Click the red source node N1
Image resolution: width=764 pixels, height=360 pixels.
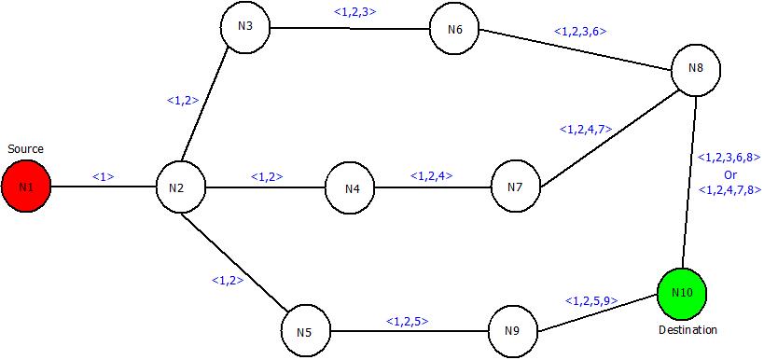coord(26,187)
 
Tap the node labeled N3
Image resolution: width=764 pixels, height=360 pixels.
coord(246,26)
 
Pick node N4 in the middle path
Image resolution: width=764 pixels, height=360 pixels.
coord(351,188)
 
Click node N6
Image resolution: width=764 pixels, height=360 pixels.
coord(455,29)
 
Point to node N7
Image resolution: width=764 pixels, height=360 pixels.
coord(515,187)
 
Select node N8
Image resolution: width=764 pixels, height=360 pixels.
coord(696,68)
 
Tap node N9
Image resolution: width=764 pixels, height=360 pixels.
coord(513,331)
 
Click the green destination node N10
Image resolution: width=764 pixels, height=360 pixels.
coord(682,293)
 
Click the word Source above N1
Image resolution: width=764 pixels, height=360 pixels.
coord(25,149)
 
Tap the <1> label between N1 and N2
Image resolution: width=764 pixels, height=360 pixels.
coord(103,175)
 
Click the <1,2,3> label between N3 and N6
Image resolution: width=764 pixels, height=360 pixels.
coord(354,12)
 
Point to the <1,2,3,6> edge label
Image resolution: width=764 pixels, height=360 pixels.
coord(580,31)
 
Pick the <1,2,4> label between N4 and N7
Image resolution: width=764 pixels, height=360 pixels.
coord(431,174)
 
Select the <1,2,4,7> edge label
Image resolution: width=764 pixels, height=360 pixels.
coord(586,130)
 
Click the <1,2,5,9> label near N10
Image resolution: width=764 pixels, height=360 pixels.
coord(590,300)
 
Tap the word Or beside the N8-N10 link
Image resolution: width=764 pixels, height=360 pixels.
coord(730,174)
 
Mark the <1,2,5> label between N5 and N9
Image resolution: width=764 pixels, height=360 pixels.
coord(407,322)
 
